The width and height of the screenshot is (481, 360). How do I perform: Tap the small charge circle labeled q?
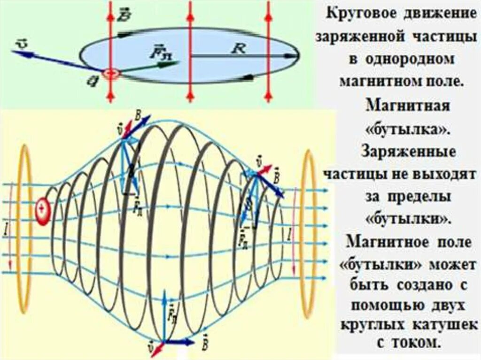click(111, 75)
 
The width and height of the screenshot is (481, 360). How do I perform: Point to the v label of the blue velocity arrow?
click(22, 43)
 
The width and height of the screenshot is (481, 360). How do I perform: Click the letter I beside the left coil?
click(6, 230)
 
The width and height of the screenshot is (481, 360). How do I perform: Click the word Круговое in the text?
click(360, 13)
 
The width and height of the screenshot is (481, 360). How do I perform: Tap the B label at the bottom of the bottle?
click(205, 341)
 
